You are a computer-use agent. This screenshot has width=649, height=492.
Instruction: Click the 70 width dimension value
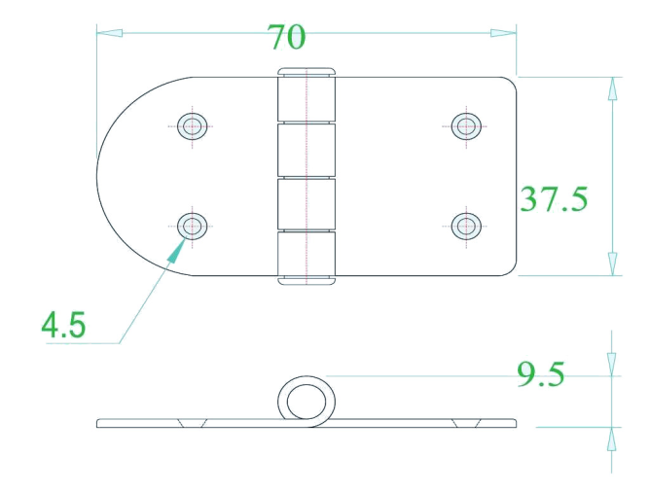[x=286, y=37]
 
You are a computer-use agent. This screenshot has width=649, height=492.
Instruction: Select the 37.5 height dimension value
[x=554, y=199]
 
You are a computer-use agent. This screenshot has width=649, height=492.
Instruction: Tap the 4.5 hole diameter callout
[x=63, y=324]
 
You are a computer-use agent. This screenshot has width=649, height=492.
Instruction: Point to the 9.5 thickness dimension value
[x=541, y=374]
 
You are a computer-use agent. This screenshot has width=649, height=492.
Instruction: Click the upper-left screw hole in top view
[x=193, y=125]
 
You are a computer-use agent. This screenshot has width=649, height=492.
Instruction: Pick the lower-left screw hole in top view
[x=193, y=227]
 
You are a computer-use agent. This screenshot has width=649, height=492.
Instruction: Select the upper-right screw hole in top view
[x=466, y=125]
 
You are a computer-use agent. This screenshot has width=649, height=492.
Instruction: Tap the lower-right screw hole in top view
[x=466, y=227]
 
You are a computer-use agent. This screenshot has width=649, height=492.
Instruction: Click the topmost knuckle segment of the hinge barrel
[x=306, y=99]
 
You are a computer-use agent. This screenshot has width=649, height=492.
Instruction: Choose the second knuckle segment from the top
[x=306, y=150]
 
